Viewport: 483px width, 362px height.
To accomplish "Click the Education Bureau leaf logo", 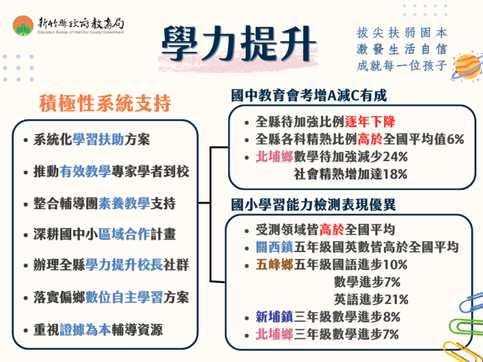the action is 23,26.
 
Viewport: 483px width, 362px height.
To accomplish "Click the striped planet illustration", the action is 467,66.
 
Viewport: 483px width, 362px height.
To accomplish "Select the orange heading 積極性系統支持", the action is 105,103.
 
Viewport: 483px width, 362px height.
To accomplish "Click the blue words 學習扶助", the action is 98,140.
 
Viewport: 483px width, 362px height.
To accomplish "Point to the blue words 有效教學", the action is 85,171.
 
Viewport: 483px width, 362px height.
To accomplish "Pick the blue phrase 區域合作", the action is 124,234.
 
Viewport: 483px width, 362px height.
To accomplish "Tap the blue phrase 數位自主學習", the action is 124,297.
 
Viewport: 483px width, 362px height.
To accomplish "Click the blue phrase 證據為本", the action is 85,329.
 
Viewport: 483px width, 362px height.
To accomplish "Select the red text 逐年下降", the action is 369,122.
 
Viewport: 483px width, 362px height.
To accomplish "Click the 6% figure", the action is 455,140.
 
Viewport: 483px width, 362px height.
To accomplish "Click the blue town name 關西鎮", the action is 275,247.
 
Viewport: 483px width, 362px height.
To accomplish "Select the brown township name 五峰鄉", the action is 275,264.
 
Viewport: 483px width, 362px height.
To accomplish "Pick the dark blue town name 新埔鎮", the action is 275,317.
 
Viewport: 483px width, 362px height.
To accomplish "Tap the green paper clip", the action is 466,328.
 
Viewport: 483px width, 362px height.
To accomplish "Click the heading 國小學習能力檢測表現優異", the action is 313,205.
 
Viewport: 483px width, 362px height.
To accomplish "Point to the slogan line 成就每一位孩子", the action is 401,66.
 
